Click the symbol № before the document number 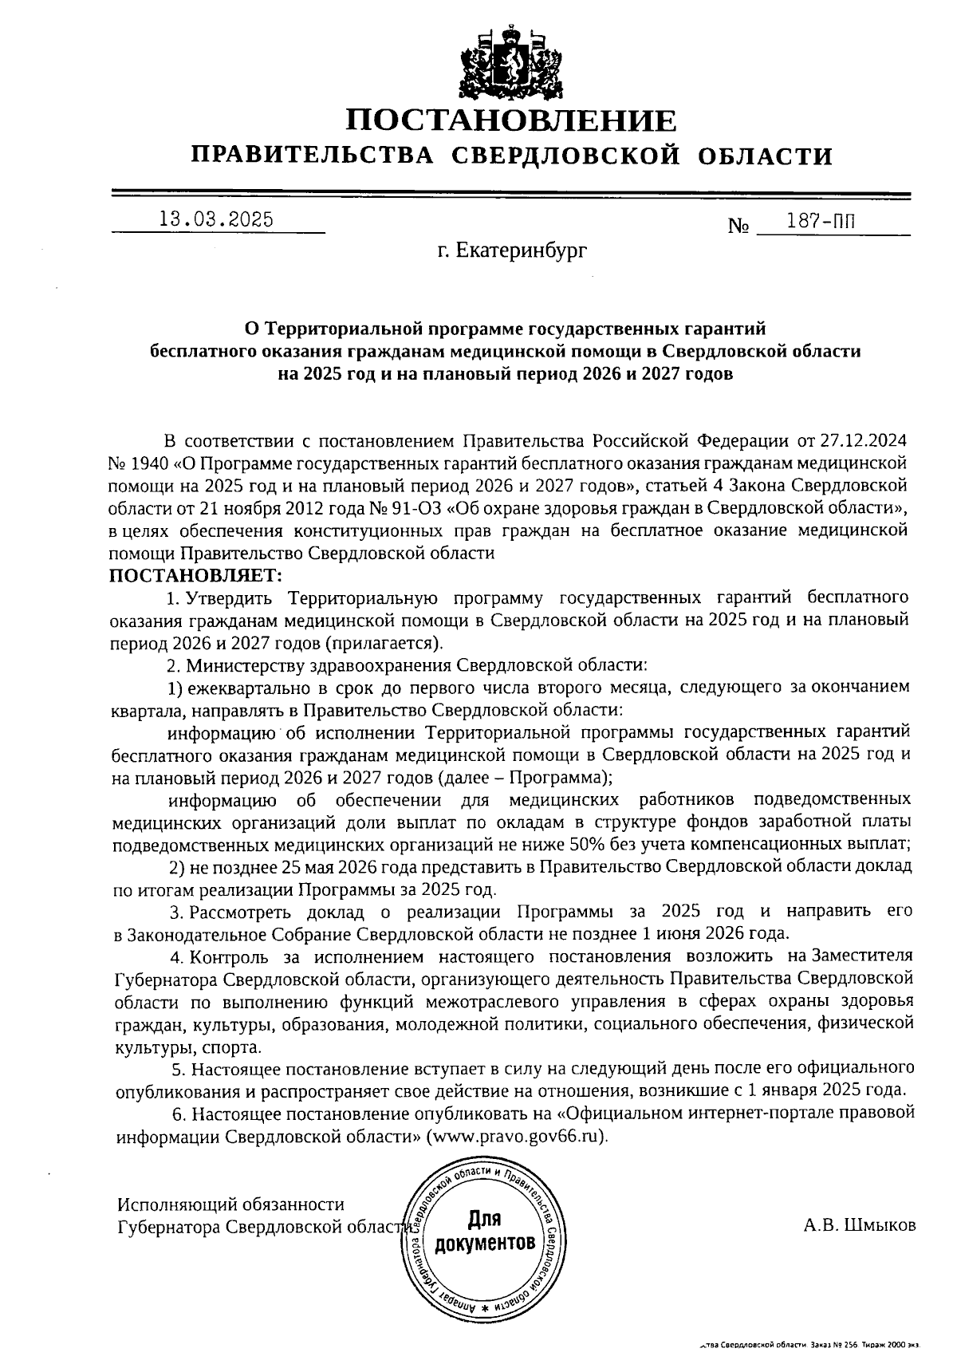click(740, 227)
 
